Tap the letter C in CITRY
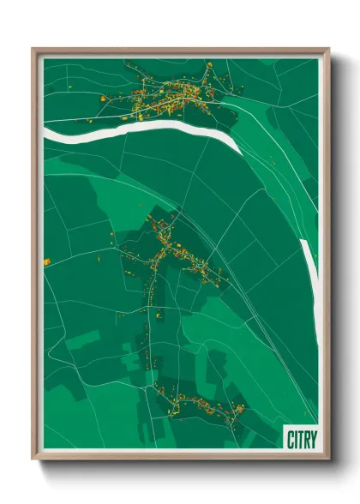(x=288, y=437)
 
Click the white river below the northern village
(x=137, y=128)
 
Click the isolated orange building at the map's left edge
(x=46, y=261)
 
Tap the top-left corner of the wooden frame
(x=33, y=50)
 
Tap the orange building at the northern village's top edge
(x=208, y=64)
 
